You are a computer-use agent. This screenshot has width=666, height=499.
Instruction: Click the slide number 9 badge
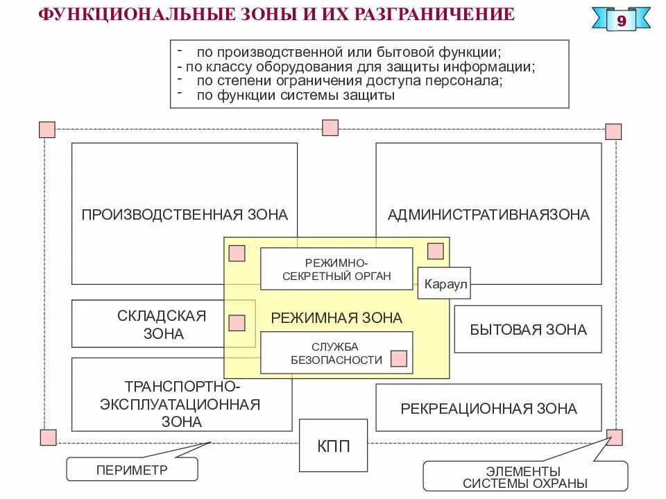point(621,21)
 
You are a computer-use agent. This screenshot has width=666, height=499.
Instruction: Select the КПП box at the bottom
point(325,445)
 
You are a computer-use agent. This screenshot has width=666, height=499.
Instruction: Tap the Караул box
point(443,283)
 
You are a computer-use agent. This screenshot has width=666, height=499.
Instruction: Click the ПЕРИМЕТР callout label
point(132,469)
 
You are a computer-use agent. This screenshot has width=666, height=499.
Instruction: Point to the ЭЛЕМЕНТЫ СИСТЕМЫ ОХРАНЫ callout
point(524,477)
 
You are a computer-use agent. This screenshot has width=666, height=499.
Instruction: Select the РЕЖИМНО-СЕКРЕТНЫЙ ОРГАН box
point(336,269)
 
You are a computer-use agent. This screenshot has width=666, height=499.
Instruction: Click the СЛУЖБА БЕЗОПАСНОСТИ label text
point(336,353)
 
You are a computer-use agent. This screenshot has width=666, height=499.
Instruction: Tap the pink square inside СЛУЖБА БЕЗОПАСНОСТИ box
point(398,358)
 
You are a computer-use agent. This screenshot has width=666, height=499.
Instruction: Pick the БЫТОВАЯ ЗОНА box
point(527,329)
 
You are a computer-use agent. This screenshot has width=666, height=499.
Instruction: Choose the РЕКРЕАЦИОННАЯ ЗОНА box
point(488,408)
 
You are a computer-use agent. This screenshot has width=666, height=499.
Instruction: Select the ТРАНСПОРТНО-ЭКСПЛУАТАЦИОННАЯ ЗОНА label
point(182,404)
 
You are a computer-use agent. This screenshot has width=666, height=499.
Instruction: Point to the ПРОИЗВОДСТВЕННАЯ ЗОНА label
point(185,214)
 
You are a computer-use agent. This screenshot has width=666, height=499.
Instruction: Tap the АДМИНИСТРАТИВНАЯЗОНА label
point(488,214)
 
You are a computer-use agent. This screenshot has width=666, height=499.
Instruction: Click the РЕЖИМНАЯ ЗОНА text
point(336,318)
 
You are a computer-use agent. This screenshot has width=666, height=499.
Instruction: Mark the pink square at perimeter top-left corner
point(47,130)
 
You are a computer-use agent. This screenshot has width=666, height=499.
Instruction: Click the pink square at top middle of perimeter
point(330,128)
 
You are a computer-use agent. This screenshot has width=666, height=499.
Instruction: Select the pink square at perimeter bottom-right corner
point(615,437)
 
